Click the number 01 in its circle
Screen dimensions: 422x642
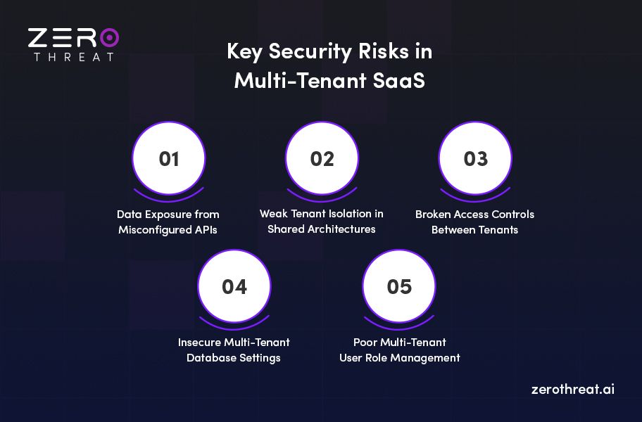169,159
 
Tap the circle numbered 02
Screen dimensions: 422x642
322,159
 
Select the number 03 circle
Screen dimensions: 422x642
475,159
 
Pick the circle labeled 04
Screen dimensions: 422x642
234,287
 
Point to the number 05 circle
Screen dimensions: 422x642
399,287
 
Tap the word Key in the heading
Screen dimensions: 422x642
246,52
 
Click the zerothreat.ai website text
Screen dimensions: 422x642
573,389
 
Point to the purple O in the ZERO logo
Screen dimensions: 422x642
109,37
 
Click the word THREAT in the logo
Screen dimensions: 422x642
73,56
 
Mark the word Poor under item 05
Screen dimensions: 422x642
366,343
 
